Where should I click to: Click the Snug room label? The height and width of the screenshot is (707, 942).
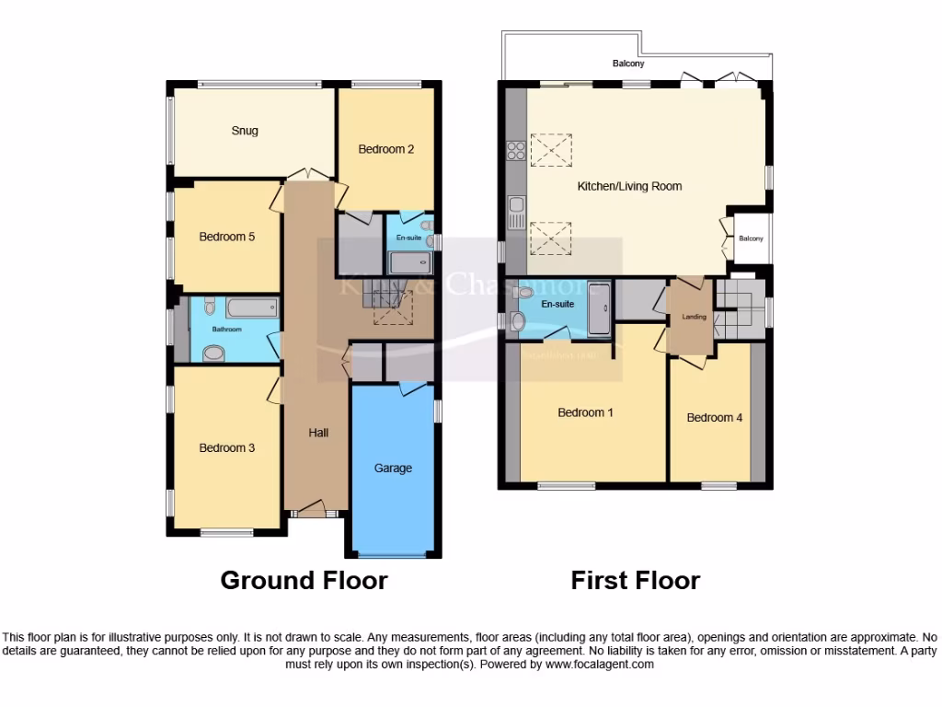click(x=244, y=131)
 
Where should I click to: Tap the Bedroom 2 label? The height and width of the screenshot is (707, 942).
click(x=385, y=149)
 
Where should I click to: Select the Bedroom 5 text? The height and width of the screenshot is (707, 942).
click(x=226, y=237)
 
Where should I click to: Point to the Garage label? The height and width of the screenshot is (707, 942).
click(x=393, y=468)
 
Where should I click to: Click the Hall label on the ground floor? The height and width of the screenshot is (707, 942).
click(x=318, y=433)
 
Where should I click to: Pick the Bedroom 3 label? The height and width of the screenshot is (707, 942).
click(x=226, y=448)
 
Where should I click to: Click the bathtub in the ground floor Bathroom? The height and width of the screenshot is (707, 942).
click(x=251, y=307)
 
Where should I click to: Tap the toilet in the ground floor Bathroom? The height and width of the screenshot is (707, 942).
click(x=210, y=307)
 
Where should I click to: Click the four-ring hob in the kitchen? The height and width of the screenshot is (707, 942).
click(x=515, y=150)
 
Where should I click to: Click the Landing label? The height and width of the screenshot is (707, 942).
click(x=694, y=317)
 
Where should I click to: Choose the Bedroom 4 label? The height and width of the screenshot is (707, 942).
click(x=714, y=418)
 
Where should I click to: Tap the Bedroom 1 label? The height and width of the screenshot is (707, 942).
click(x=585, y=412)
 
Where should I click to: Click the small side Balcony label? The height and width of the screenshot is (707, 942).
click(x=751, y=239)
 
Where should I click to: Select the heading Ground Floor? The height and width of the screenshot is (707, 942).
click(x=304, y=581)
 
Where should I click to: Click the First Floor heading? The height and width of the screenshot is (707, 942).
click(x=635, y=581)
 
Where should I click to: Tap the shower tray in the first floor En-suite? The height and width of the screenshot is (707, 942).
click(x=598, y=307)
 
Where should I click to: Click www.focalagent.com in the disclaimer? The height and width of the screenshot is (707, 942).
click(x=599, y=664)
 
